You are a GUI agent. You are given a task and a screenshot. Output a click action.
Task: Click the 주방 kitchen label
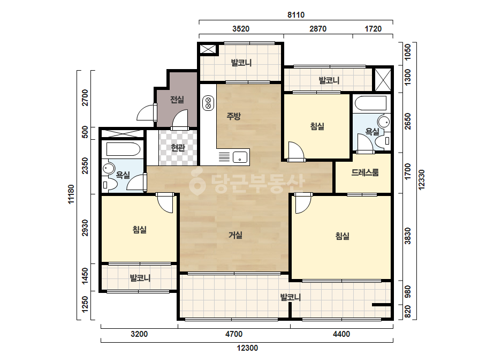[x=233, y=116]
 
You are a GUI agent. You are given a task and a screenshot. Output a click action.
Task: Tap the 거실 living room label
[x=235, y=235]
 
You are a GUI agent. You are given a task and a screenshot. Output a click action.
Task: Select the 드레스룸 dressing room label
[x=365, y=172]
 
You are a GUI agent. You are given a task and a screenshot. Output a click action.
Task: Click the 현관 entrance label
[x=178, y=147]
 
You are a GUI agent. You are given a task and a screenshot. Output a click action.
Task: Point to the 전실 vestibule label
[x=177, y=100]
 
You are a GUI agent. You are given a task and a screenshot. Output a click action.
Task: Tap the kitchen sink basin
[x=240, y=157]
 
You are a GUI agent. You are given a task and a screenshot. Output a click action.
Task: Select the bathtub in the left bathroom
[x=123, y=149]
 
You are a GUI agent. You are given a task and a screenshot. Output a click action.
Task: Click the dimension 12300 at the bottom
[x=247, y=348]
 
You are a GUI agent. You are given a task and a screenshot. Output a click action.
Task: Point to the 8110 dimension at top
[x=296, y=15]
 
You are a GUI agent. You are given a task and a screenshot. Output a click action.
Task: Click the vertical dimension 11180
[x=71, y=194]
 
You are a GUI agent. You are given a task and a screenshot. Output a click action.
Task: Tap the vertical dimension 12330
[x=422, y=180]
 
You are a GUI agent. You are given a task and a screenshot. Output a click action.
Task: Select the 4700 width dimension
[x=234, y=334]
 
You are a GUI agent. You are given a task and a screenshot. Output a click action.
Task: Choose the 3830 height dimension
[x=408, y=236]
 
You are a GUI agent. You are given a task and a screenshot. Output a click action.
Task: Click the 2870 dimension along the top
[x=318, y=29]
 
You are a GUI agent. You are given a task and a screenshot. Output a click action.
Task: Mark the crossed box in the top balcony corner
[x=208, y=49]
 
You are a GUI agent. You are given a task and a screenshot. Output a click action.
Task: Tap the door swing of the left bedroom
[x=165, y=203]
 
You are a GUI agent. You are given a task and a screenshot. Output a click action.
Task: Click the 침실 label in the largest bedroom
[x=343, y=236]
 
